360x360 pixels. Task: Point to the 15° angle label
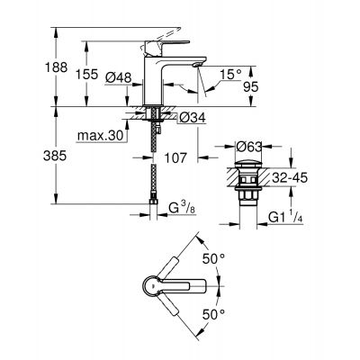tap(231, 73)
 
